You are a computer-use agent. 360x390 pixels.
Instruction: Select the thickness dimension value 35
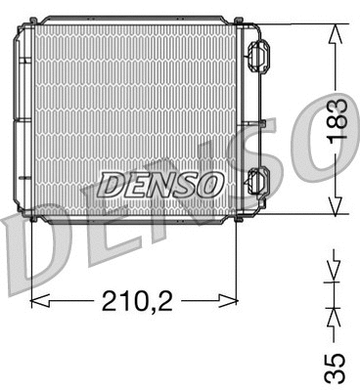[x=335, y=367]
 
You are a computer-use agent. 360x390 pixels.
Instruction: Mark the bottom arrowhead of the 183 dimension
[x=336, y=205]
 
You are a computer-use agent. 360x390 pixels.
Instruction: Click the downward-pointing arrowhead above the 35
[x=335, y=267]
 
